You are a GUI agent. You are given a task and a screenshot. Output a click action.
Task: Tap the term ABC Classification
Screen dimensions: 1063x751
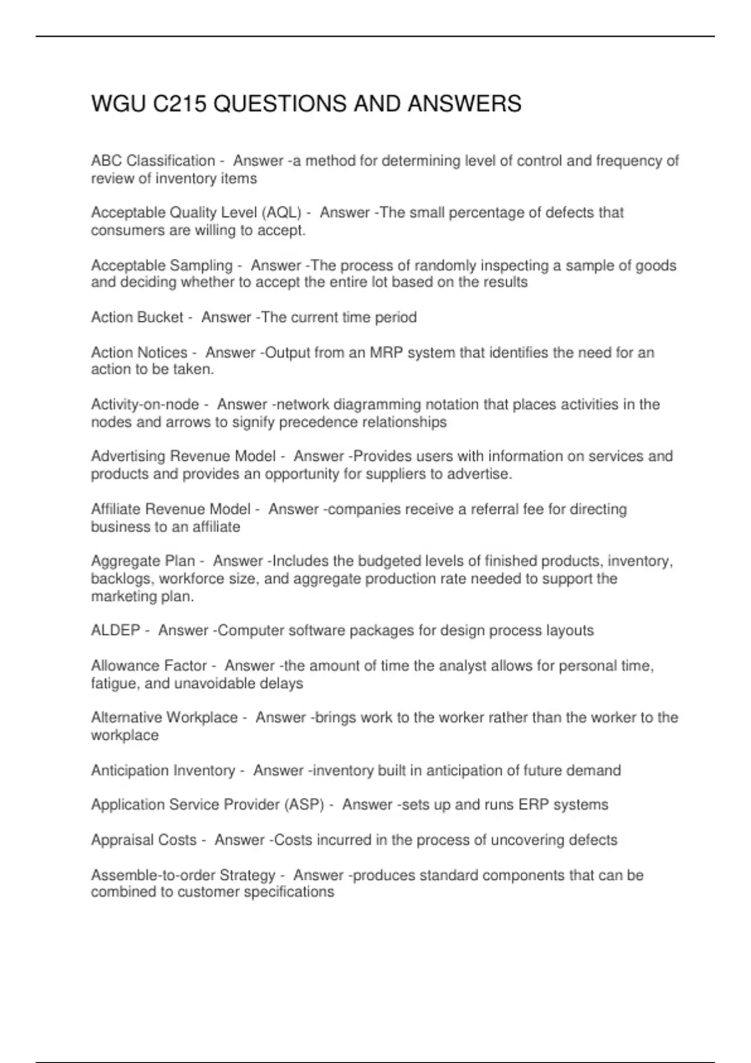pos(153,161)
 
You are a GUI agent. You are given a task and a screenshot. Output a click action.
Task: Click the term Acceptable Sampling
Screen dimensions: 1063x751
pos(162,266)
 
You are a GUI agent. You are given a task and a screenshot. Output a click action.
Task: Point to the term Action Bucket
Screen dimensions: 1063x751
pos(137,318)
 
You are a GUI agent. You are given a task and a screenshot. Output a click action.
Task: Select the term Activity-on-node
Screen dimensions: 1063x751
pos(145,405)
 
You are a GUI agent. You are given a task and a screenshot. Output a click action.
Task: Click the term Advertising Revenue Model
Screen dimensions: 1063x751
pos(183,456)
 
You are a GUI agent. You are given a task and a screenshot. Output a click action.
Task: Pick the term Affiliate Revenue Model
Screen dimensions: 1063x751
pos(171,510)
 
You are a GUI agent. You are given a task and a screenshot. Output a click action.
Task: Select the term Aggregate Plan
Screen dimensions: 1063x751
pos(143,561)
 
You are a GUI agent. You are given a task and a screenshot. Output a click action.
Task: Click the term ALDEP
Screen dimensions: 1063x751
pos(116,630)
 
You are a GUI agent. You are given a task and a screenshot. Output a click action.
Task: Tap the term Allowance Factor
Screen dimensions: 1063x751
pos(149,666)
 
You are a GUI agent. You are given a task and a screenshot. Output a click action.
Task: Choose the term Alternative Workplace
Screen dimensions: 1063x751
pos(165,718)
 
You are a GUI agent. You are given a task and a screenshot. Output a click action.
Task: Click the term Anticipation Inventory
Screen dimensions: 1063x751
pos(163,770)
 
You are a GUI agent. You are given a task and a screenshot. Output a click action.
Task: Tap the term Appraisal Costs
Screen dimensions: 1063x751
pos(144,840)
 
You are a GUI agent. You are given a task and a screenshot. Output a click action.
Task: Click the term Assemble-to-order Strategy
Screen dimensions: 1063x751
pos(183,875)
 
